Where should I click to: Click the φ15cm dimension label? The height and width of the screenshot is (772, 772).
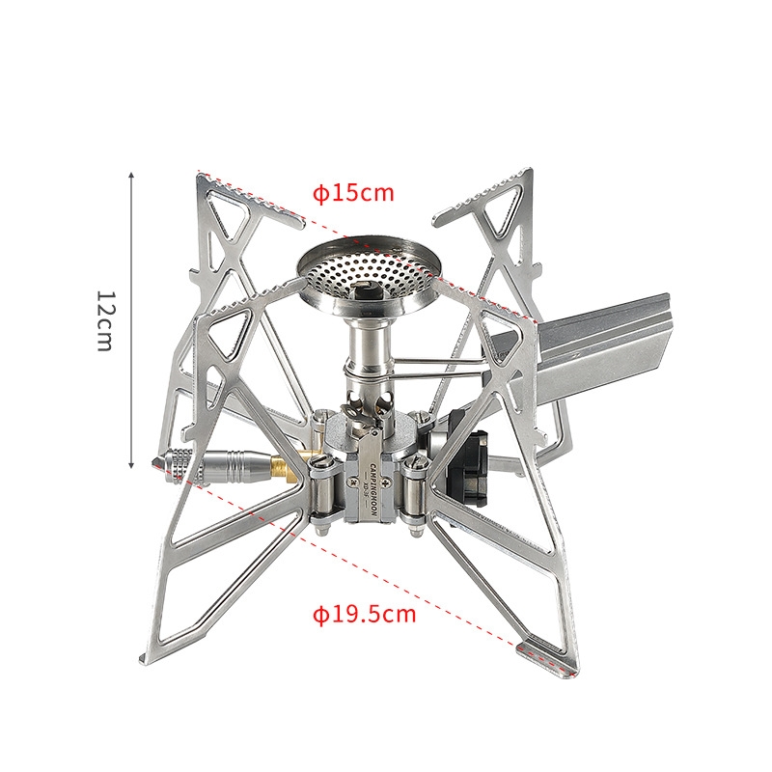point(354,193)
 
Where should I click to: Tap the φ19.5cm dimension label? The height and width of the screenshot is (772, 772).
point(365,614)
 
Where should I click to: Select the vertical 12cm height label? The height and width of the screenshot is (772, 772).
point(104,320)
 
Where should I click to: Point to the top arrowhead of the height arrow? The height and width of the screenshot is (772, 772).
point(131,177)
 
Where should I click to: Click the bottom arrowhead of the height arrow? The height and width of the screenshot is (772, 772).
point(131,464)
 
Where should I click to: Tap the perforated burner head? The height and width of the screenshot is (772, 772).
point(367,275)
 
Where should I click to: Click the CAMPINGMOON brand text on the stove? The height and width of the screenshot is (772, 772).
point(372,491)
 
